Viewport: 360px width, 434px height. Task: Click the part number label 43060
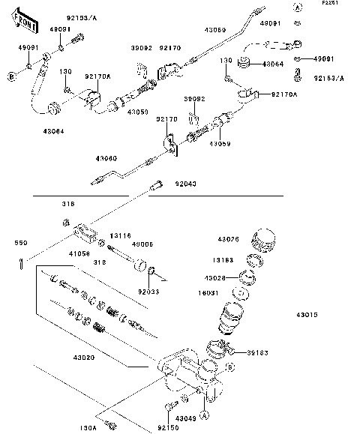pyautogui.click(x=106, y=158)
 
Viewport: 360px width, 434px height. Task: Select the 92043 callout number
pyautogui.click(x=186, y=184)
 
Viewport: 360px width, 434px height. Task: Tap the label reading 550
pyautogui.click(x=21, y=244)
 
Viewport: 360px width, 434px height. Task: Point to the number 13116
pyautogui.click(x=121, y=235)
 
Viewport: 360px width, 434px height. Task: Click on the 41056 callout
pyautogui.click(x=80, y=253)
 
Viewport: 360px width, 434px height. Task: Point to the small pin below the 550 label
pyautogui.click(x=22, y=262)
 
